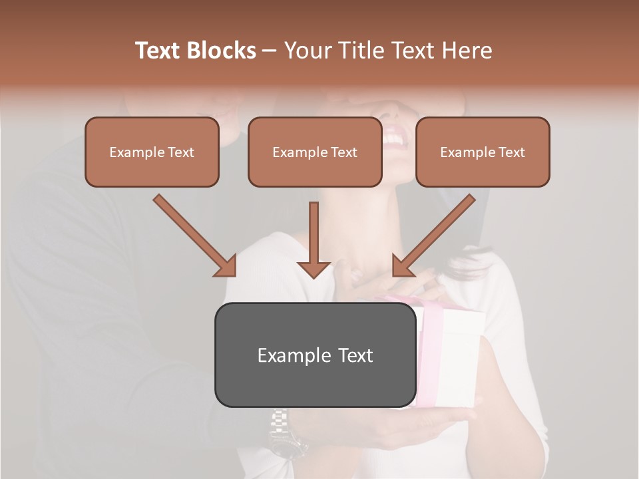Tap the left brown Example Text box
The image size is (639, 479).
(x=152, y=152)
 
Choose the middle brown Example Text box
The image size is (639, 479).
(x=315, y=152)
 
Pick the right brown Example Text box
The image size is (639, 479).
(x=483, y=152)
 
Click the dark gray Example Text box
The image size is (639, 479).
(x=315, y=355)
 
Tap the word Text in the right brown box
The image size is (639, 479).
(x=511, y=152)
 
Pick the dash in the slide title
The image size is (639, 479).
(x=270, y=51)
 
